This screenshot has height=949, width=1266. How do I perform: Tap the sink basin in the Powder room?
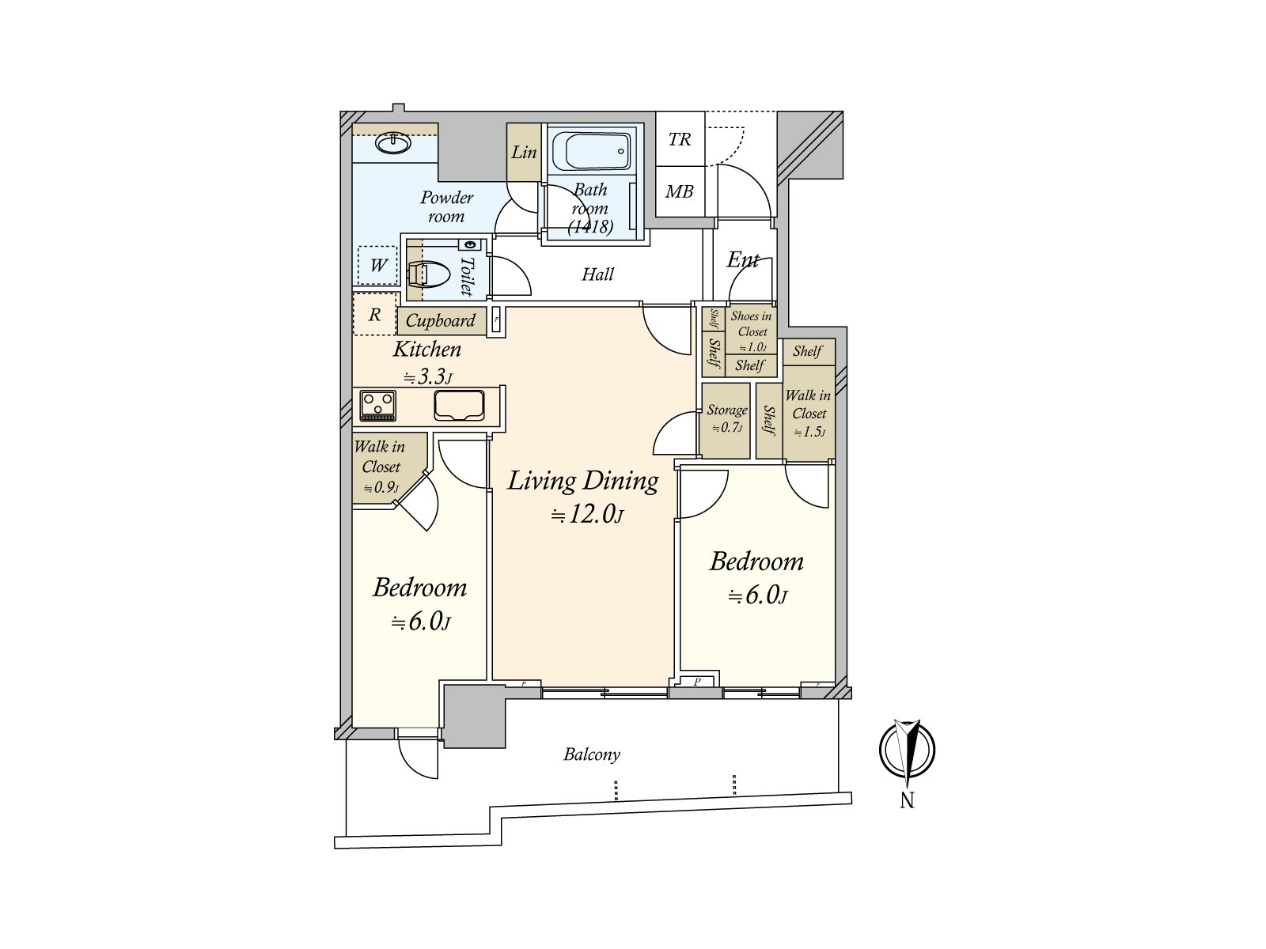(392, 143)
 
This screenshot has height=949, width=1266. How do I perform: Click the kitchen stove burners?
(377, 406)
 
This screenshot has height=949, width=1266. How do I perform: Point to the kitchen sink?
(459, 405)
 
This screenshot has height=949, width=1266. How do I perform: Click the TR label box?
(680, 139)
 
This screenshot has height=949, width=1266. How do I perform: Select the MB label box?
(680, 191)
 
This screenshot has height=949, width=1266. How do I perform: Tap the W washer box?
(378, 265)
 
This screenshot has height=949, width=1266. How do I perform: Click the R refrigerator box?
(374, 315)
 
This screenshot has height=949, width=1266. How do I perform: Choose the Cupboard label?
(441, 320)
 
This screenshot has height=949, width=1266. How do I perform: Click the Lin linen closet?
(523, 152)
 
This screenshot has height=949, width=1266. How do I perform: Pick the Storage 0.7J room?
(726, 419)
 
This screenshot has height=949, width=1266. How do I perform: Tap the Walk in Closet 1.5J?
(809, 413)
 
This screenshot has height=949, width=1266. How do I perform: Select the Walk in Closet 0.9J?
(381, 467)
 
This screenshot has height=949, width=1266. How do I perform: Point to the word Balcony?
(592, 754)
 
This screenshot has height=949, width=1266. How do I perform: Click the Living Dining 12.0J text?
(584, 497)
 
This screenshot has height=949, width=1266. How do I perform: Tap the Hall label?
(597, 274)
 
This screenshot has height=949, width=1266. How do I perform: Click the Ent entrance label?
(743, 259)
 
